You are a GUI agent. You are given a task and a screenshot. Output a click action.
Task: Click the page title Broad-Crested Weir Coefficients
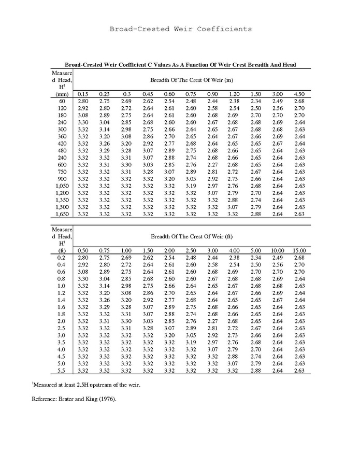pos(180,29)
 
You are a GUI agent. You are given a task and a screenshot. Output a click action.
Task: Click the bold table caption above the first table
pos(180,65)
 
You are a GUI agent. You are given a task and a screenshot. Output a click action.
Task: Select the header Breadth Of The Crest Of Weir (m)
pos(191,81)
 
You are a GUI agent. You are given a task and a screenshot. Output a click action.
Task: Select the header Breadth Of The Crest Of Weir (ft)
pos(191,236)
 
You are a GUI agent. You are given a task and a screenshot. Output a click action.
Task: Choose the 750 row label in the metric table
pos(62,172)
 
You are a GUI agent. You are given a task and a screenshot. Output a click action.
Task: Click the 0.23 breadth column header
pos(105,94)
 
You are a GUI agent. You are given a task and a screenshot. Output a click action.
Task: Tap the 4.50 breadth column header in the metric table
pos(299,94)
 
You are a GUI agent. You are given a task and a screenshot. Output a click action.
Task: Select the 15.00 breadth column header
pos(299,250)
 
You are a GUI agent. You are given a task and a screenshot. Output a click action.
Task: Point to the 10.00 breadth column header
pos(278,250)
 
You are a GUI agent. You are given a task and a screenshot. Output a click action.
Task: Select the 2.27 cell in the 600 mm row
pos(212,164)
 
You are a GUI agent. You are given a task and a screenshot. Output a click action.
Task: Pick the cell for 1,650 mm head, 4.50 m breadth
pos(299,214)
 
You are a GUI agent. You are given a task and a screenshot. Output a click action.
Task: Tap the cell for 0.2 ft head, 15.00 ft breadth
pos(299,257)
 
